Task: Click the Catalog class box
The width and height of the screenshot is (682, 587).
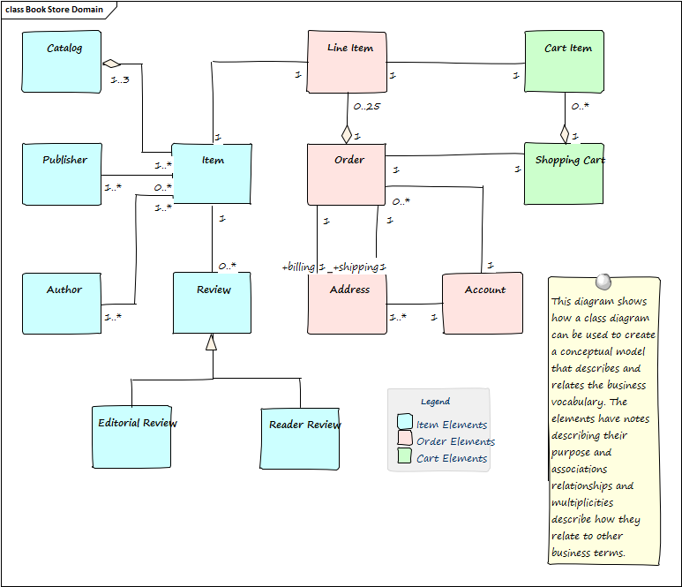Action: tap(62, 62)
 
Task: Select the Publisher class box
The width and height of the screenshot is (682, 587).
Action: tap(62, 174)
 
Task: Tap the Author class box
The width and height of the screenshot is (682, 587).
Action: tap(62, 303)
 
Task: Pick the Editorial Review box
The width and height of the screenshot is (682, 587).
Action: tap(132, 436)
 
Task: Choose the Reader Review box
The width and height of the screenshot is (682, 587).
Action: tap(300, 438)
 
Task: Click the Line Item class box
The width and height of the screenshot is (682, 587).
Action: tap(347, 62)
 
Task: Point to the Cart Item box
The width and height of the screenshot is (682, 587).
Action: tap(565, 62)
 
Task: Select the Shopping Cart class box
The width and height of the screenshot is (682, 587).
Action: tap(565, 174)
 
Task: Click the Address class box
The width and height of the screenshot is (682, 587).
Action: tap(347, 303)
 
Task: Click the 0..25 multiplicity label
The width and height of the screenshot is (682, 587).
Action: tap(366, 108)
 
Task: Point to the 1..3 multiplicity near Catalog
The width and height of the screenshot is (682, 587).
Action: tap(120, 80)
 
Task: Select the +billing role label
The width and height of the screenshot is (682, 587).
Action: tap(299, 267)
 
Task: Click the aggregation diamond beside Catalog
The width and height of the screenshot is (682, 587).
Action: tap(111, 64)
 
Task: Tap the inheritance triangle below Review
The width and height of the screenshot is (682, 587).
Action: tap(211, 342)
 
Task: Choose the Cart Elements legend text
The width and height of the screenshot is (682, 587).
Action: tap(451, 458)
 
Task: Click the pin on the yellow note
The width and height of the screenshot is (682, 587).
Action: tap(603, 282)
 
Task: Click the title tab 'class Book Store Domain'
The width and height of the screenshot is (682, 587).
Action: tap(55, 10)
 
